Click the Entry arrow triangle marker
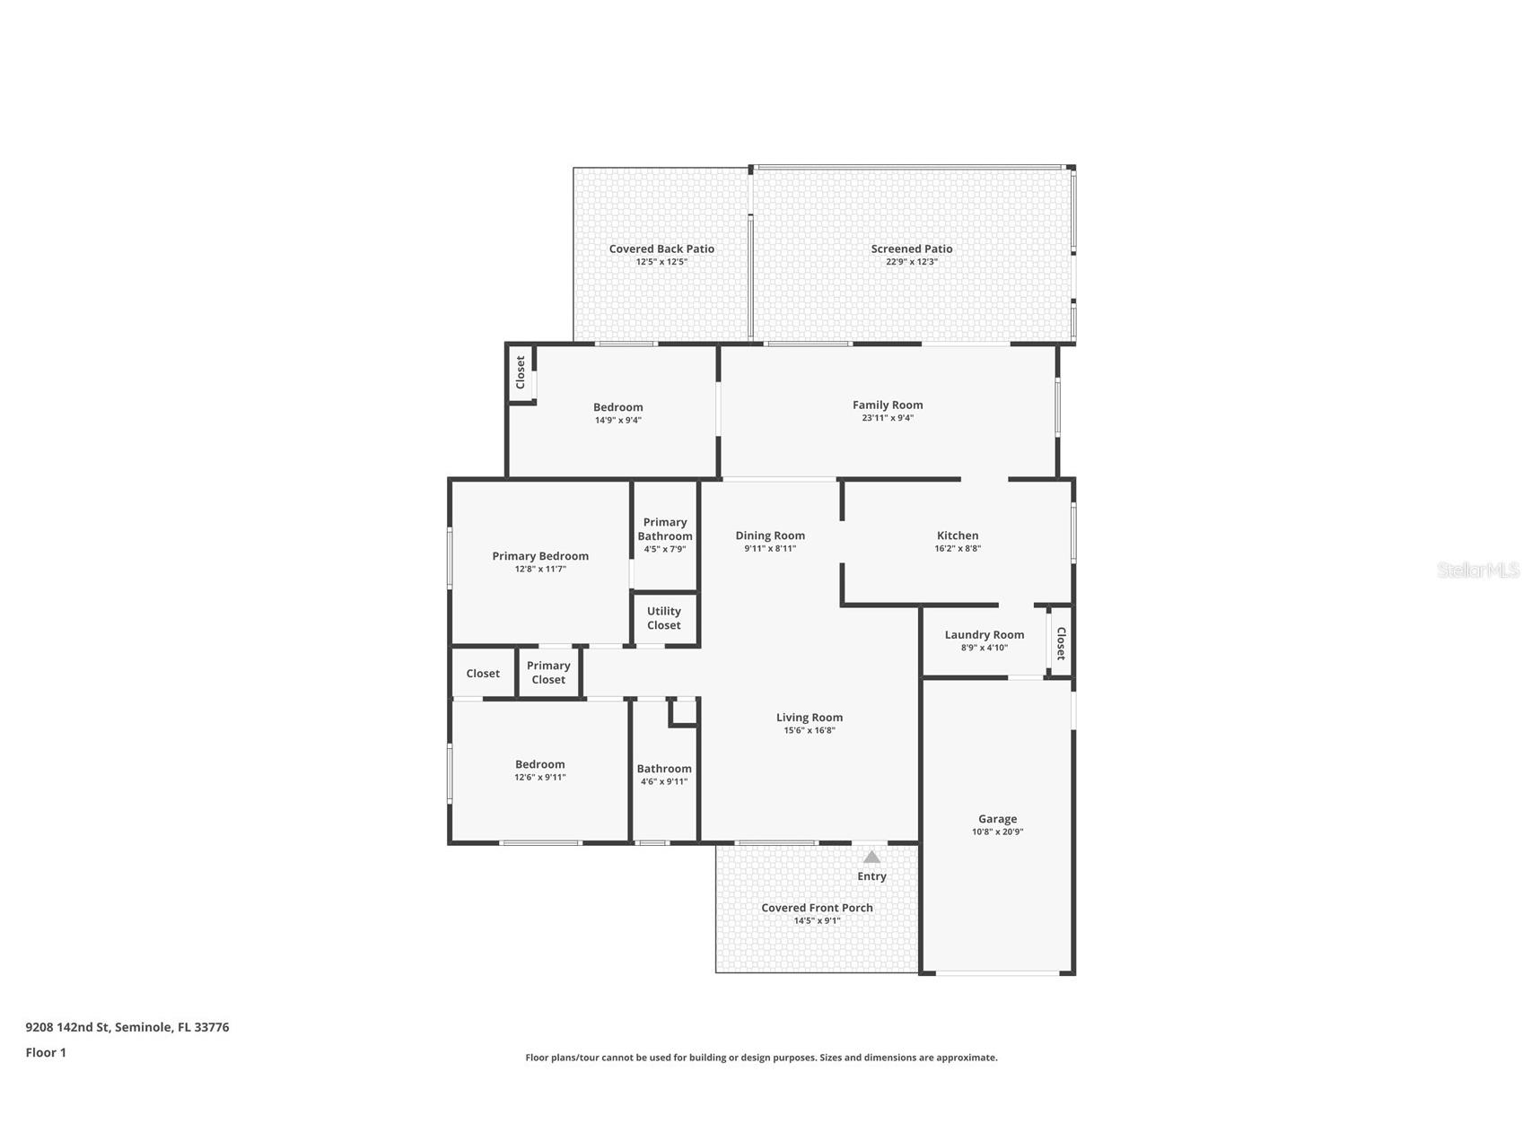coord(871,857)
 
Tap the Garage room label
coord(997,818)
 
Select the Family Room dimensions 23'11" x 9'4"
coord(888,418)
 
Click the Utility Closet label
coord(663,618)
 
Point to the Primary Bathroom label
coord(665,529)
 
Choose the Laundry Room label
coord(984,634)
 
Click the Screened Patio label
coord(911,248)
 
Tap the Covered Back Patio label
coord(661,248)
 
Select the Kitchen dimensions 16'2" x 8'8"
coord(957,548)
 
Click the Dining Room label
coord(770,536)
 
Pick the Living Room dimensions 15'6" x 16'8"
coord(809,730)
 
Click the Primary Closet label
coord(548,672)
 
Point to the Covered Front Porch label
coord(817,907)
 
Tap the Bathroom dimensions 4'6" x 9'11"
coord(663,781)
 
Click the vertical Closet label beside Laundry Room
coord(1060,642)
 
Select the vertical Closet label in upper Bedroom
coord(520,372)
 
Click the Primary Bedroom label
coord(539,556)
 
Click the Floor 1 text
coord(46,1052)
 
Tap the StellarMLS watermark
coord(1477,570)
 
